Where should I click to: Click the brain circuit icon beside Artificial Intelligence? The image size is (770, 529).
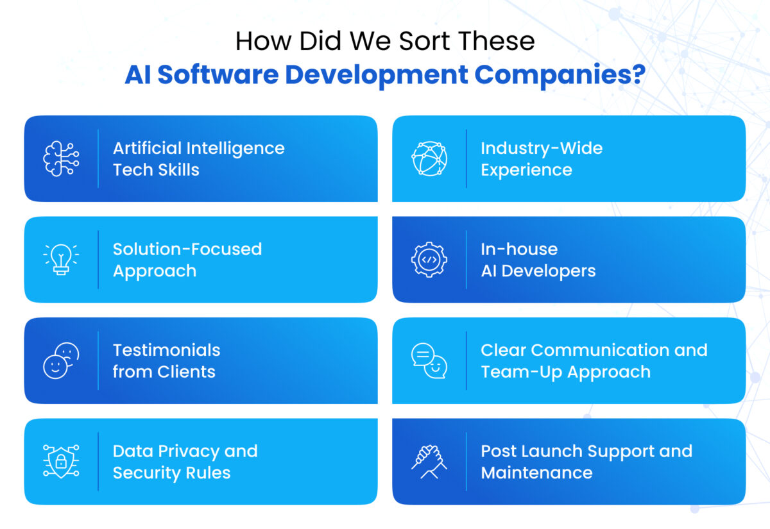[x=61, y=158]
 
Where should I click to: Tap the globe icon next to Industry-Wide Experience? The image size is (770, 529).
[x=429, y=158]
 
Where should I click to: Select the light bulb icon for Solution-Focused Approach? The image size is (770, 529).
[x=61, y=260]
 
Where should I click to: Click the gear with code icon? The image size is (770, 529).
[x=429, y=260]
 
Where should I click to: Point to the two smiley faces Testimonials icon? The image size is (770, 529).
[x=61, y=360]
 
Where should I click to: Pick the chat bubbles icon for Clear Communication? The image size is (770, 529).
[x=429, y=360]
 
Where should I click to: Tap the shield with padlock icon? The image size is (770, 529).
[x=61, y=462]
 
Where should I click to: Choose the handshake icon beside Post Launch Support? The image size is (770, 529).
[x=429, y=462]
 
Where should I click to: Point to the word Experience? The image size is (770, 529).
[x=526, y=170]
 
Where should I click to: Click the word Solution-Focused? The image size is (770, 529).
[x=187, y=249]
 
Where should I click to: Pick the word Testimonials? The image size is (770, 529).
[x=166, y=350]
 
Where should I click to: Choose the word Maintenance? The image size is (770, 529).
[x=536, y=473]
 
